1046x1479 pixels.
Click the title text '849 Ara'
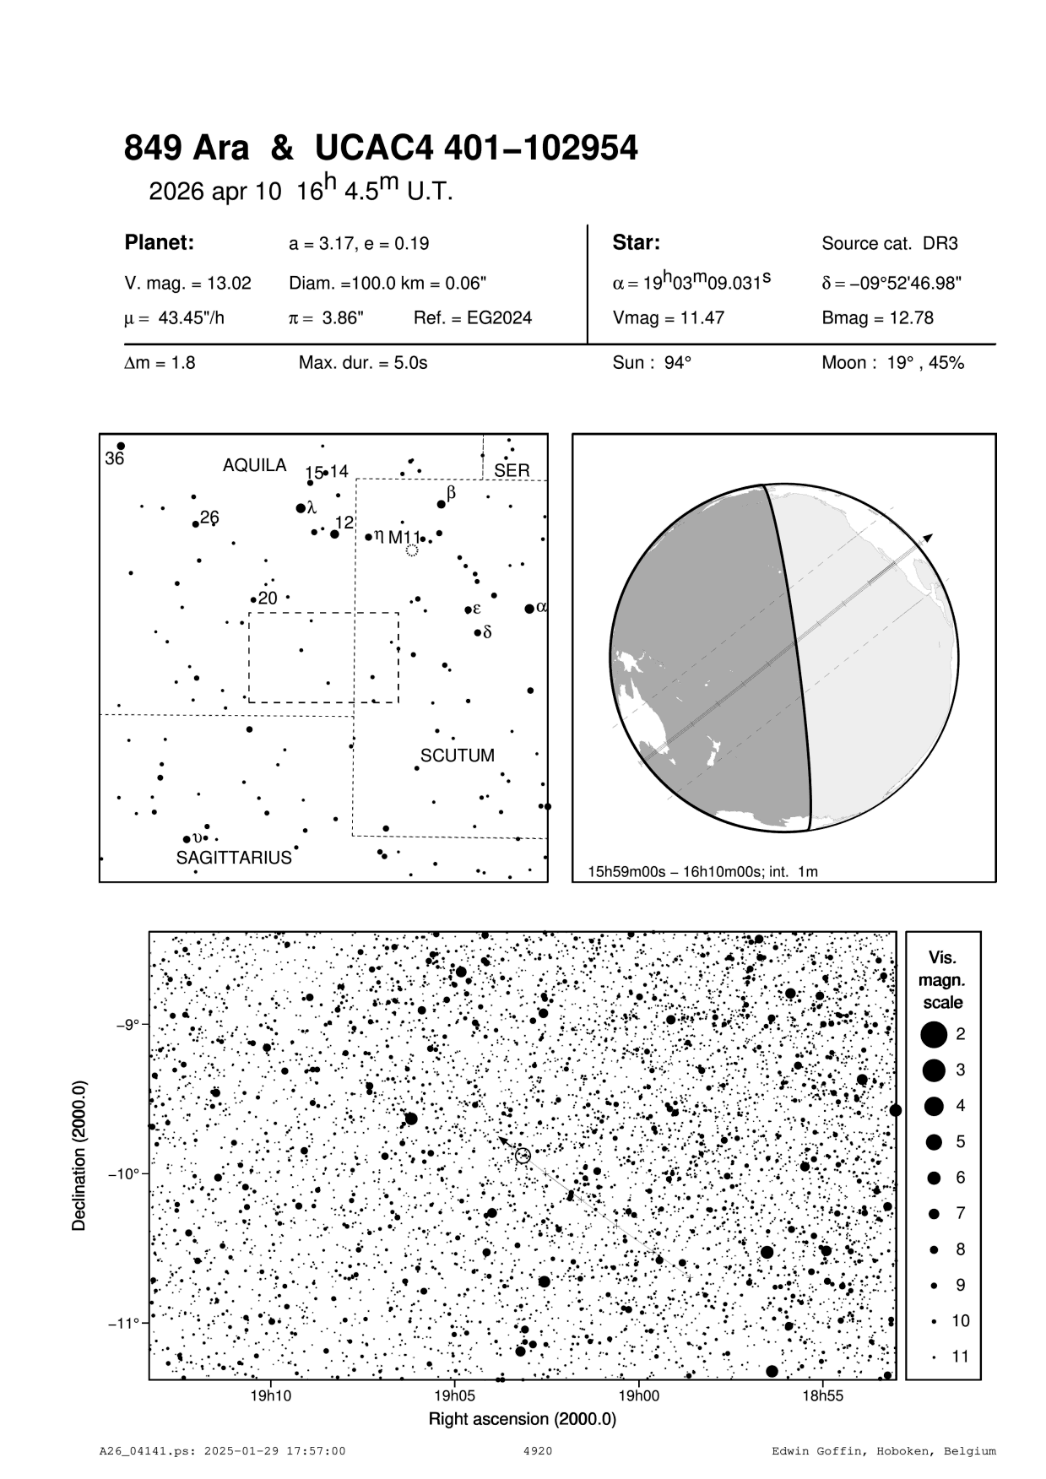[x=187, y=149]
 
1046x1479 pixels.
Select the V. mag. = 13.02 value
[x=187, y=284]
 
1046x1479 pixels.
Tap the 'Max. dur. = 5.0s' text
[x=363, y=363]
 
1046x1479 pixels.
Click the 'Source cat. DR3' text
[x=890, y=244]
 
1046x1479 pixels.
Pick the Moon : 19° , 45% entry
[x=892, y=363]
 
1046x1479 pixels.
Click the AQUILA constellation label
[x=254, y=465]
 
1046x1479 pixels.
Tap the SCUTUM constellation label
[x=458, y=755]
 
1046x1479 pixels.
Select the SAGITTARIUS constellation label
[x=234, y=858]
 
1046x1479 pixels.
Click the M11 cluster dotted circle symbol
[x=411, y=550]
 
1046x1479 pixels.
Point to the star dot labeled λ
[x=301, y=508]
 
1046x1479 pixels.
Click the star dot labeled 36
[x=121, y=446]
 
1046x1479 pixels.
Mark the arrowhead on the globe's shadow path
[x=928, y=537]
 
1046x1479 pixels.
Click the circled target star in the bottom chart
[x=523, y=1156]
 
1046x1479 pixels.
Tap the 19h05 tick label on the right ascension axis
[x=454, y=1396]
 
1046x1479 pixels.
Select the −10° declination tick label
[x=126, y=1174]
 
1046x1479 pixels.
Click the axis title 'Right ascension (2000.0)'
[x=523, y=1419]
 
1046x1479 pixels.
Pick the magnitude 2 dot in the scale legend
[x=933, y=1033]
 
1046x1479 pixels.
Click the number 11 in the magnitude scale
[x=960, y=1357]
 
